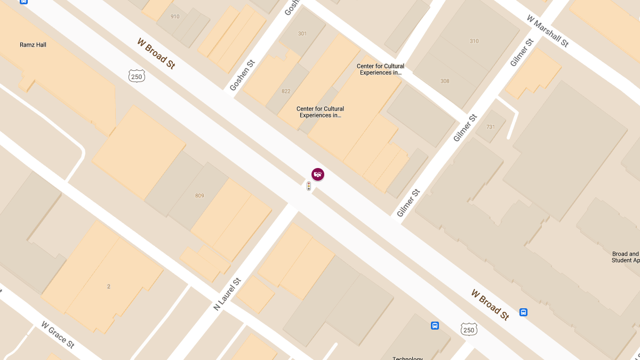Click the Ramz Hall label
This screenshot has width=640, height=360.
tap(33, 45)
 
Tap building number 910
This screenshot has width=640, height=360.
tap(175, 17)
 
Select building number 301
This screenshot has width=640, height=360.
tap(302, 34)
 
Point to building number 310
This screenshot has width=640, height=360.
tap(474, 41)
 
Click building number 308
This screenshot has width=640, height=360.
tap(445, 81)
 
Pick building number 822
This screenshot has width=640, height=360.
tap(286, 91)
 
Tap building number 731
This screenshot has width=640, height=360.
tap(491, 127)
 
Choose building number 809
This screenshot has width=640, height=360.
tap(199, 196)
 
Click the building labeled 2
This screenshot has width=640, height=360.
tap(108, 286)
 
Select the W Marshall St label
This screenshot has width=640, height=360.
tap(548, 31)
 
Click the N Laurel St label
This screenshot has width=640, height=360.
tap(227, 294)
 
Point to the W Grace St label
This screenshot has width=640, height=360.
tap(58, 335)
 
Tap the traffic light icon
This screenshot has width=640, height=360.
tap(308, 186)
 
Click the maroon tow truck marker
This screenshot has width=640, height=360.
tap(318, 174)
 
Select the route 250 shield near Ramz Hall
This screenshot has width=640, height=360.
tap(137, 77)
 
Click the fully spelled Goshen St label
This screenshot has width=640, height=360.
tap(242, 75)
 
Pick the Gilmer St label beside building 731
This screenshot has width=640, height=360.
tap(465, 129)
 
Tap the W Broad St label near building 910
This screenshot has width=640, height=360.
tap(156, 53)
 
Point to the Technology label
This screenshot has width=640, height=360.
tap(407, 358)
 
